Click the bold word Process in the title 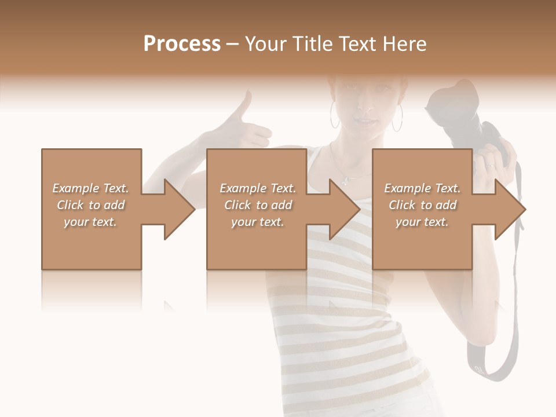point(182,43)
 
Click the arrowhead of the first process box point(180,209)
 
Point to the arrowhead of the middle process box point(345,209)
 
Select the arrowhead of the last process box point(510,209)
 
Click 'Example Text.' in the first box point(90,188)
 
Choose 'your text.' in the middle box point(257,222)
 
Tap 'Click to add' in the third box point(423,205)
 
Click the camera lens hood point(446,98)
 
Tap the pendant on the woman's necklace point(346,180)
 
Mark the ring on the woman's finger point(491,166)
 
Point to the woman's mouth point(363,121)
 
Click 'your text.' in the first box point(90,222)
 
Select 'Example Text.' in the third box point(422,188)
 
